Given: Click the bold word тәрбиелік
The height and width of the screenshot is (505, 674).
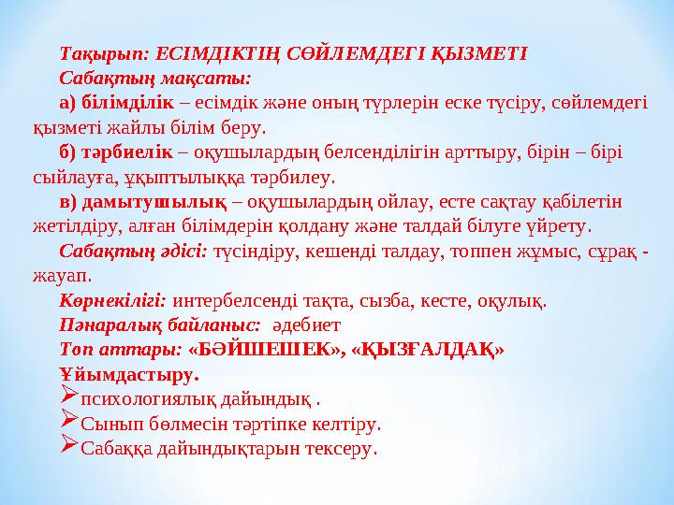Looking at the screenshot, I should (126, 152).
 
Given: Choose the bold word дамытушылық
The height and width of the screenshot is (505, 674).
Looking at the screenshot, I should (155, 202).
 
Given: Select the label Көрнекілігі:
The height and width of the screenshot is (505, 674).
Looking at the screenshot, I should (112, 301).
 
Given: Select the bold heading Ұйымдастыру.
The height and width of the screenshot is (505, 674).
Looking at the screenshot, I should (128, 376).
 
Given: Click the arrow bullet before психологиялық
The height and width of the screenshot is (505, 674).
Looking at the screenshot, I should (67, 399).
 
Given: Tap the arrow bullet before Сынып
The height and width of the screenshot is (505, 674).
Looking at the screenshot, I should (67, 424).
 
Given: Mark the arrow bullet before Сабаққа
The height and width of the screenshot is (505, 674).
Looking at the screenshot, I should (67, 449).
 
